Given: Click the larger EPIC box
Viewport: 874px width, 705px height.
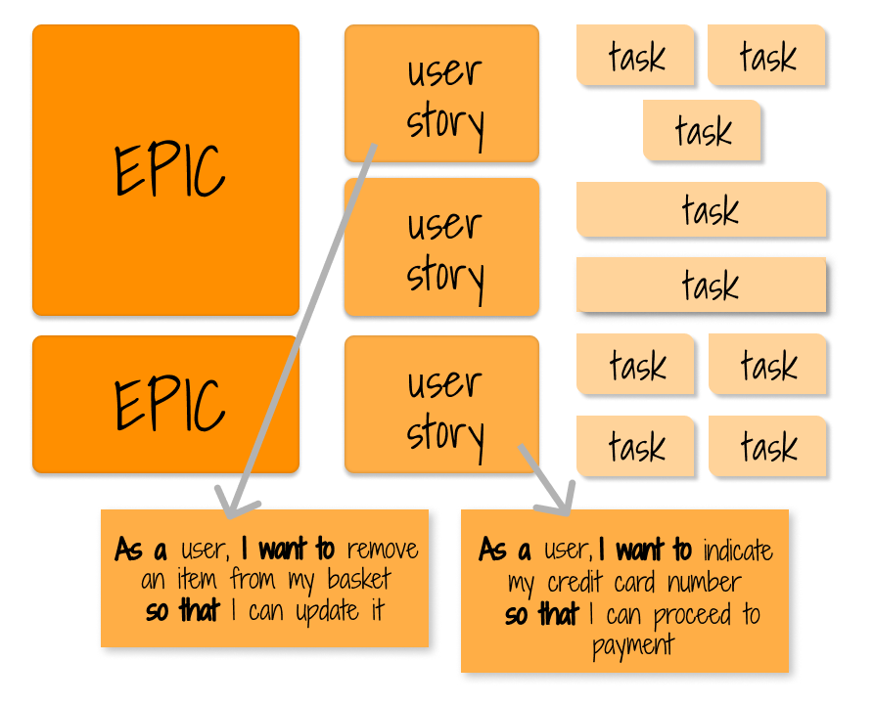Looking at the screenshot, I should coord(164,171).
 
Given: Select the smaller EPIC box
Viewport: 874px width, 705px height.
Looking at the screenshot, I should coord(164,404).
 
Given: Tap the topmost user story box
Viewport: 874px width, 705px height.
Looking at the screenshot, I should coord(442,95).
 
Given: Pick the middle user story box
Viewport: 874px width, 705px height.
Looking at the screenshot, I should coord(442,247).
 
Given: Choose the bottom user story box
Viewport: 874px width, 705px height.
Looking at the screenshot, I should coord(442,406).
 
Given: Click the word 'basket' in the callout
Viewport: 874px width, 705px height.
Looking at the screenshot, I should coord(361,580).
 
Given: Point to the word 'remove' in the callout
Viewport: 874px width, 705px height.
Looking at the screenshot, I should coord(382,549).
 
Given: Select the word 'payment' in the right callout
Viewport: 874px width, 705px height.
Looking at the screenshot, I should coord(633,645).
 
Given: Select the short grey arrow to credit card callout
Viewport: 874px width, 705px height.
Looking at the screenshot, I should coord(543,479).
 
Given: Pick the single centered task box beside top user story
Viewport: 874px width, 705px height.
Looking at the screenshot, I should coord(702,130).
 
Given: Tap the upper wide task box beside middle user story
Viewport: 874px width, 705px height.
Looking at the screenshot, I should coord(702,209).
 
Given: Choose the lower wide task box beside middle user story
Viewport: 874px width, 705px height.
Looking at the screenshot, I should coord(702,285).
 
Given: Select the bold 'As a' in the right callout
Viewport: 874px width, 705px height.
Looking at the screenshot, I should coord(507,551).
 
